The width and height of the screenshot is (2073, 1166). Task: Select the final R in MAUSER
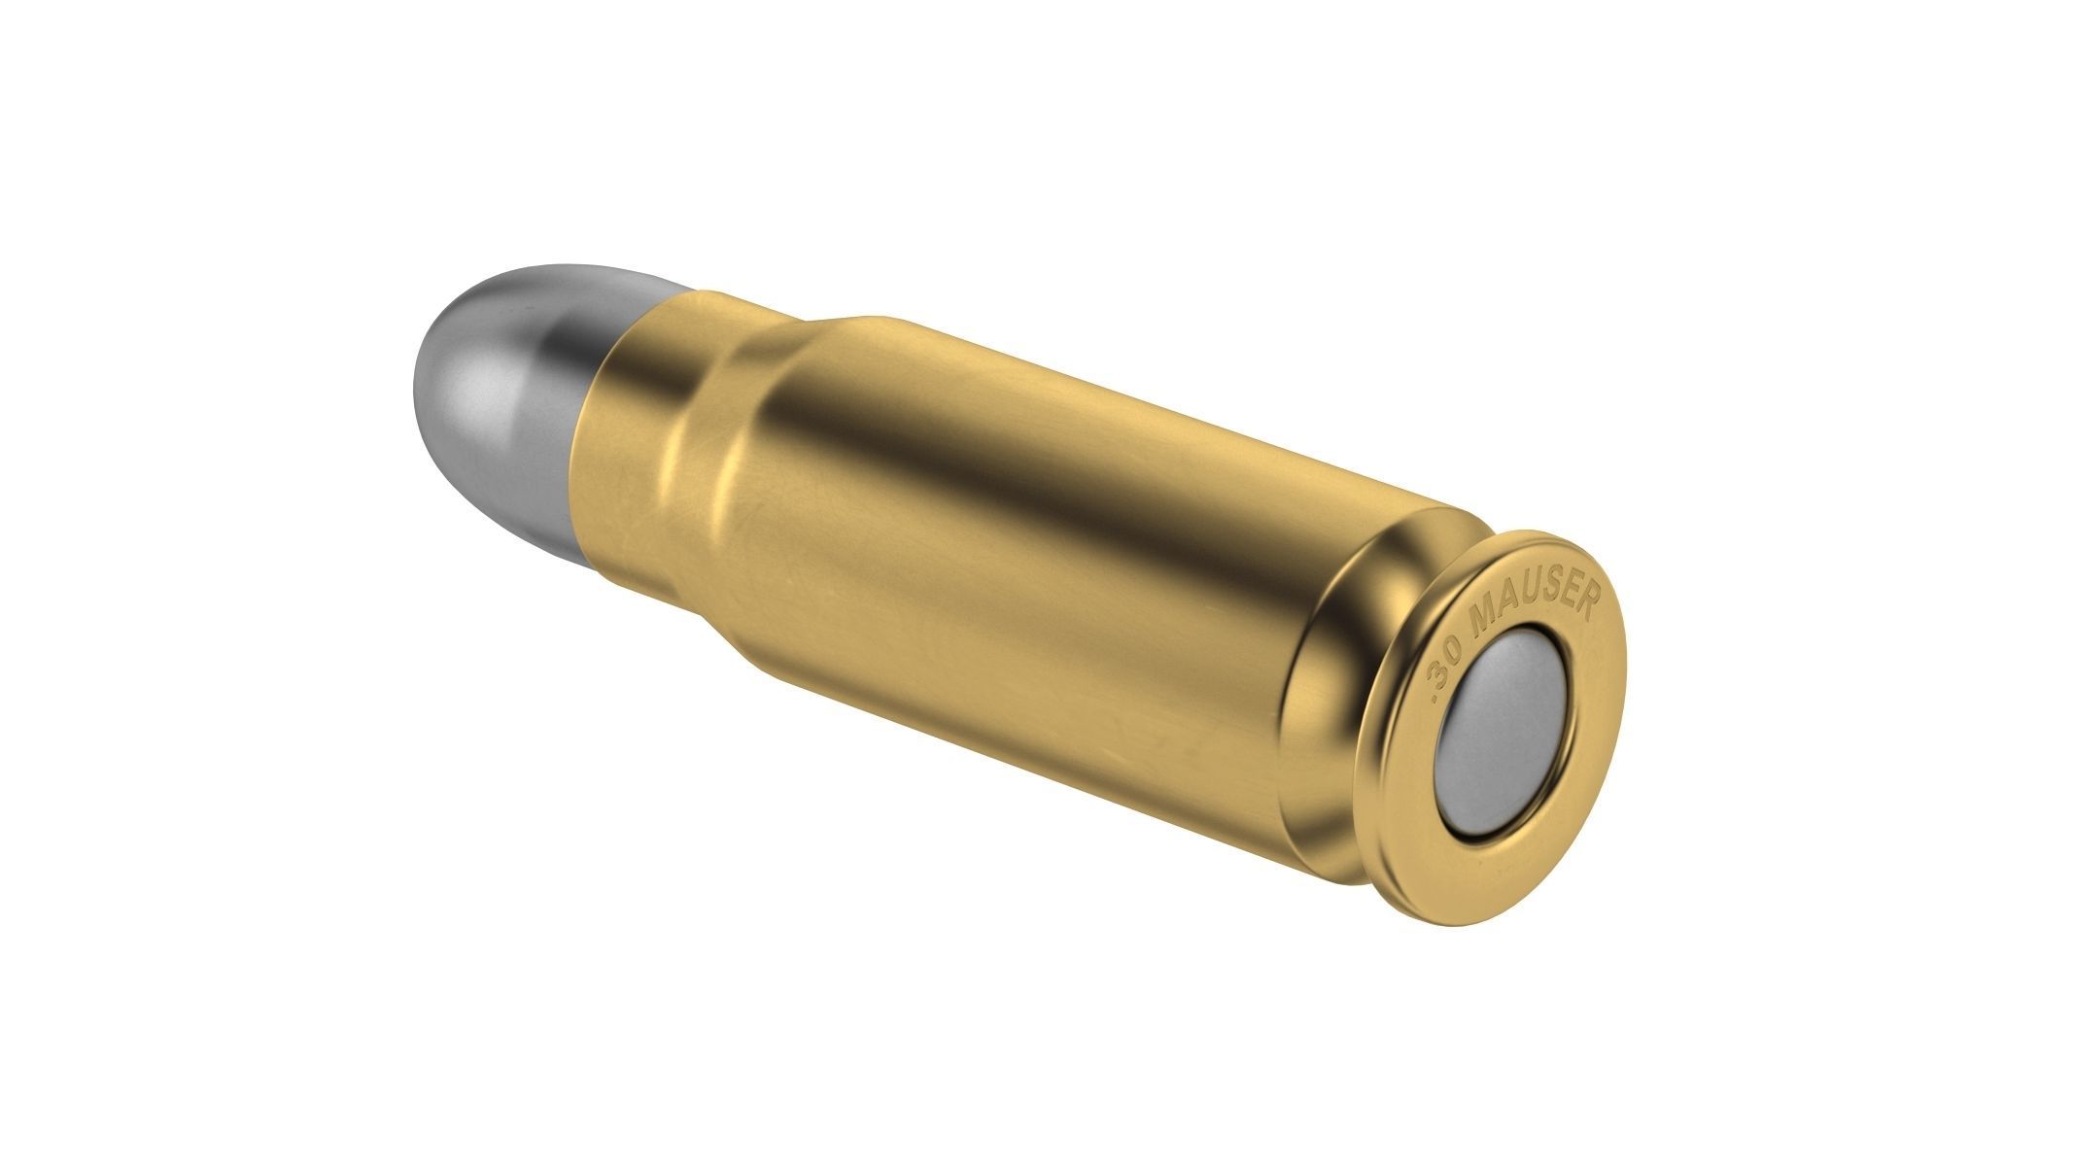click(1585, 600)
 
